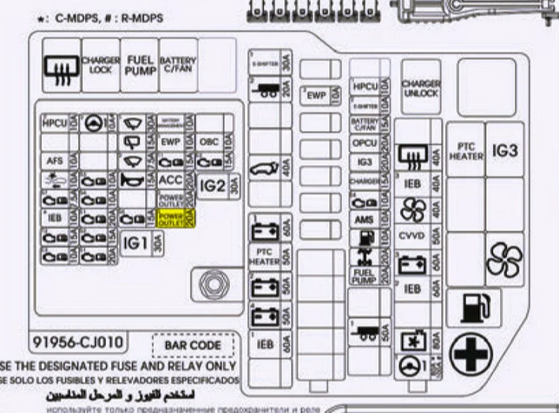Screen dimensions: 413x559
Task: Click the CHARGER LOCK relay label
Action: point(101,66)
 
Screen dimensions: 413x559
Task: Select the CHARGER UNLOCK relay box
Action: point(421,88)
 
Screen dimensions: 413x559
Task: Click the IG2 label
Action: point(212,185)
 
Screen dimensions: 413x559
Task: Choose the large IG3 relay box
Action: point(504,150)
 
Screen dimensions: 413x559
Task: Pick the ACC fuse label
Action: point(170,180)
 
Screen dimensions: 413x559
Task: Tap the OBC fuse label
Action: point(208,141)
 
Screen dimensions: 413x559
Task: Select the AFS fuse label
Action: point(55,161)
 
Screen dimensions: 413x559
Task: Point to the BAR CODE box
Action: point(193,345)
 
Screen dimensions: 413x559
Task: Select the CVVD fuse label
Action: point(411,235)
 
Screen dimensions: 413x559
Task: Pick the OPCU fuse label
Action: point(365,143)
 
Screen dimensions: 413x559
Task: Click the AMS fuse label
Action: point(365,220)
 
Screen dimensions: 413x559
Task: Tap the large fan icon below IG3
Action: point(504,260)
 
